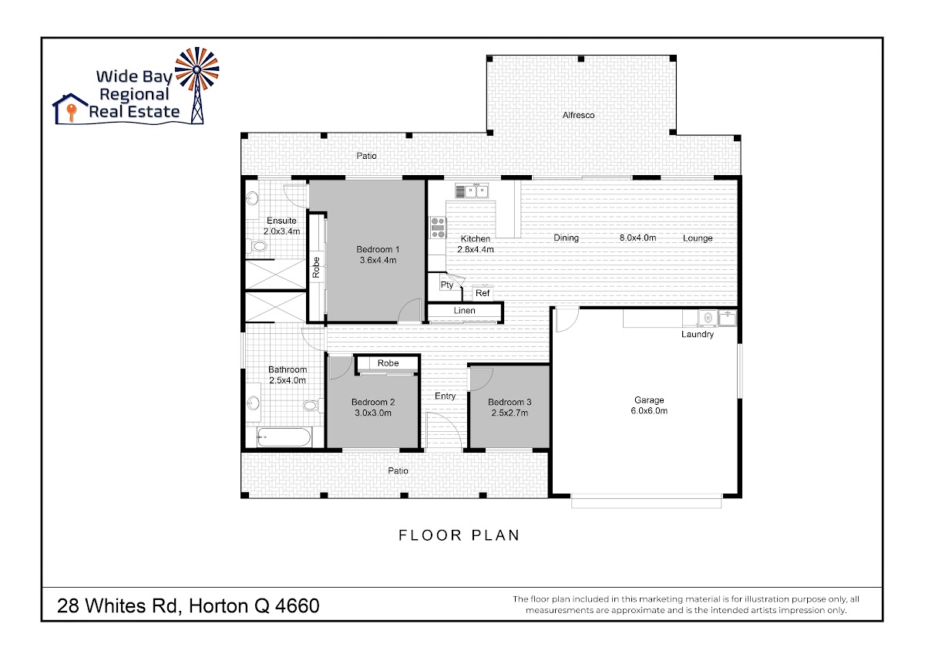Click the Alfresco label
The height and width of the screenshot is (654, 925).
578,115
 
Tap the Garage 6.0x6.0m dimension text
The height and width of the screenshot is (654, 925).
649,410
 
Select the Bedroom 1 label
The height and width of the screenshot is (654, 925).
378,250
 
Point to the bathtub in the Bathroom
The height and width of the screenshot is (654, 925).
284,437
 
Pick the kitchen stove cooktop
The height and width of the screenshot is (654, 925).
438,228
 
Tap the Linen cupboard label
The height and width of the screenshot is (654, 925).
465,311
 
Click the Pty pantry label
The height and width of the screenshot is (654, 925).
447,285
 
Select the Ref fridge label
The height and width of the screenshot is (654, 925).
483,293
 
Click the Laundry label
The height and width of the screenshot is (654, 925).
698,334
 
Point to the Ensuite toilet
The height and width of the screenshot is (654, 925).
257,247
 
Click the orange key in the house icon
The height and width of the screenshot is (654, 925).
72,113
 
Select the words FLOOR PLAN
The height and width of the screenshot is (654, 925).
459,535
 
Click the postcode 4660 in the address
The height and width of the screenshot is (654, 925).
298,606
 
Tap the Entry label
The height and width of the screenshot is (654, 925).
445,396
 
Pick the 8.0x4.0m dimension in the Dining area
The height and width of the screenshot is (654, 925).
637,238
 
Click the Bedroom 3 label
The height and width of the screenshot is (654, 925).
510,402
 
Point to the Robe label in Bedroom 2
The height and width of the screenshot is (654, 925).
388,363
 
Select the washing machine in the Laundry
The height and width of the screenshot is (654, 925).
708,318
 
